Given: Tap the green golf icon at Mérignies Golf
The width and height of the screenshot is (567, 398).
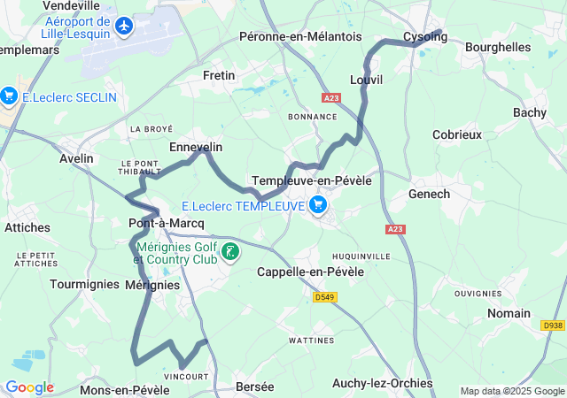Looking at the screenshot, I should coord(230,251).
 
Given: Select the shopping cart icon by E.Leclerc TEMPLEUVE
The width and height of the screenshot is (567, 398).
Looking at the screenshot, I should coord(318,206).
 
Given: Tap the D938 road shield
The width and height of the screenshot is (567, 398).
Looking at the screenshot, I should coord(552,325).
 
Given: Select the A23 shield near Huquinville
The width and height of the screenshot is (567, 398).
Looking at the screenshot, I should coord(395,229).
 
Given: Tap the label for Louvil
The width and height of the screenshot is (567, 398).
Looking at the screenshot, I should coord(366,80).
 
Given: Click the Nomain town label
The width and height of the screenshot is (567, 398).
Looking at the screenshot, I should coord(509,313).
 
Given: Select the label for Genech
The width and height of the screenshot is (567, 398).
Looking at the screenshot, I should coord(429,194).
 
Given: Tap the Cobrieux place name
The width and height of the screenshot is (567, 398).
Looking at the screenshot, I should coord(456,134).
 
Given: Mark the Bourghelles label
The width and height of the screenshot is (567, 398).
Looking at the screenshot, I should coord(497,46).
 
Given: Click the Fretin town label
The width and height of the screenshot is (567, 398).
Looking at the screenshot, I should coord(219,75).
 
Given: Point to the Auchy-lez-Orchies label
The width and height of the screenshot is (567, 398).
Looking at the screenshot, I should coord(382,383).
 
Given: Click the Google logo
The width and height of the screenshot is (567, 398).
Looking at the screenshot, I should coord(29,387).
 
